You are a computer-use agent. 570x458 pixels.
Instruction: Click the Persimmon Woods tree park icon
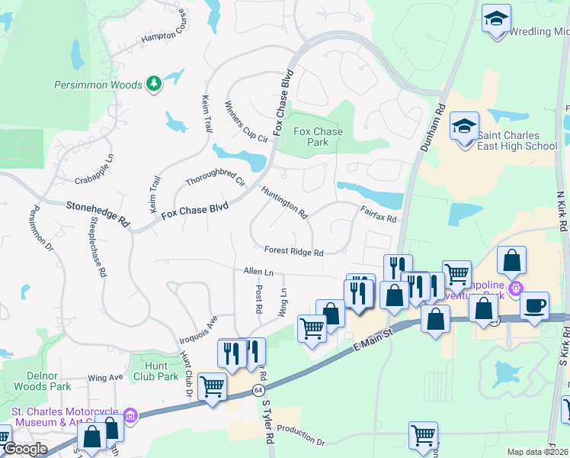coord(154,83)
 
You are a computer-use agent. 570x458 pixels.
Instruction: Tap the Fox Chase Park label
coord(319,137)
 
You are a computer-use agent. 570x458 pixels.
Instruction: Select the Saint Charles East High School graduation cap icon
coord(464,125)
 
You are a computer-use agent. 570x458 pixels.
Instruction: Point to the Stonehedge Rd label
coord(97,211)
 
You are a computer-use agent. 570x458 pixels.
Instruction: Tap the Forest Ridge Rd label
coord(294,251)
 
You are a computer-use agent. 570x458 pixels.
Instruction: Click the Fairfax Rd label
coord(379,218)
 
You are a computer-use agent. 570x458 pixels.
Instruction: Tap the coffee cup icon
coord(534,305)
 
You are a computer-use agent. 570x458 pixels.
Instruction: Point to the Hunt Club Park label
coord(156,371)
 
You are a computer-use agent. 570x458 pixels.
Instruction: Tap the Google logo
coord(24,449)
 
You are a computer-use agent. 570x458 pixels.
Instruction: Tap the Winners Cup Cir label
coord(248,122)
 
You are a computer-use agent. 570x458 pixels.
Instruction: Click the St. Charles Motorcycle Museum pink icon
coord(130,415)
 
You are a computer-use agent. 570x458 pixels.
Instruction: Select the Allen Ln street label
coord(258,272)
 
